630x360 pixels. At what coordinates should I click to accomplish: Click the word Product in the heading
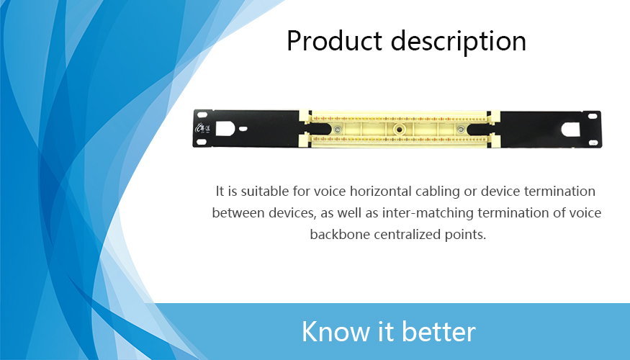[334, 41]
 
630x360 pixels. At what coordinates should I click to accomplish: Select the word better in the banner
[438, 331]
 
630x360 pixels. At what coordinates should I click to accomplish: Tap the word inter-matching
[428, 213]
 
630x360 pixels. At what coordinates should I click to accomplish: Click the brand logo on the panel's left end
[203, 128]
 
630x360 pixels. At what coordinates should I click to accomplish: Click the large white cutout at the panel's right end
[570, 130]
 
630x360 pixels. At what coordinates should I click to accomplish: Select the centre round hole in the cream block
[399, 129]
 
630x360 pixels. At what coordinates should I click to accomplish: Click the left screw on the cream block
[337, 129]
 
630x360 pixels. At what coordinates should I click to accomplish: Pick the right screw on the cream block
[461, 130]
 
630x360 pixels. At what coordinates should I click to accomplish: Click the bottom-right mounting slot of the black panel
[593, 143]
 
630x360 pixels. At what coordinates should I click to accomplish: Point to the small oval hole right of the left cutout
[243, 129]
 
